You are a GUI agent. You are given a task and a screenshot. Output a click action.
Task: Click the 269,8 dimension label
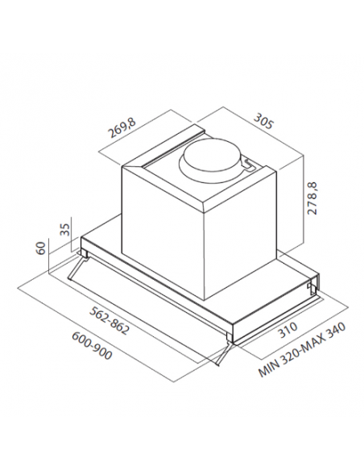pyautogui.click(x=122, y=127)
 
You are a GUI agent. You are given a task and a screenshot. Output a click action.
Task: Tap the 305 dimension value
pyautogui.click(x=263, y=121)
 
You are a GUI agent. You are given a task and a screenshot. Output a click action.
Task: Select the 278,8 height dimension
pyautogui.click(x=312, y=198)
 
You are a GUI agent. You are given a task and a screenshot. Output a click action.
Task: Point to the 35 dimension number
pyautogui.click(x=66, y=230)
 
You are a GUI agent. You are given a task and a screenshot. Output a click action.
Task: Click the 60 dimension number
pyautogui.click(x=41, y=248)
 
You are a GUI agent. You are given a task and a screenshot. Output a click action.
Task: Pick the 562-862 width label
pyautogui.click(x=110, y=320)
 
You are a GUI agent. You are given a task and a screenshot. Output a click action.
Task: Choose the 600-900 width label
pyautogui.click(x=92, y=345)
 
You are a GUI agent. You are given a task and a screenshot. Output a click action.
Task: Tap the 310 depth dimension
pyautogui.click(x=287, y=330)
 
